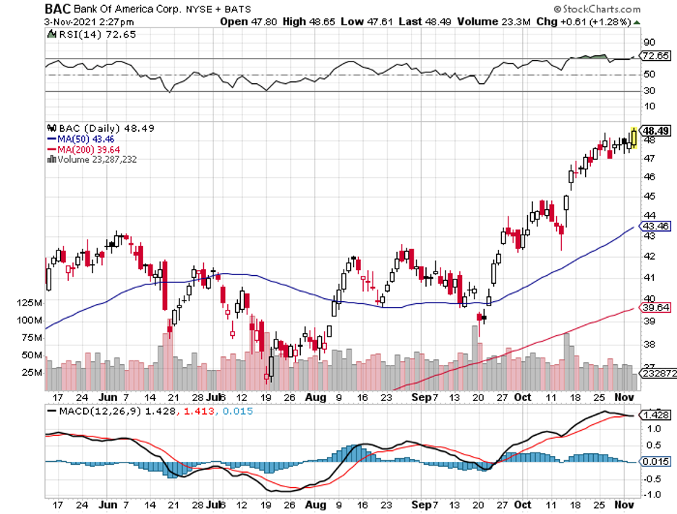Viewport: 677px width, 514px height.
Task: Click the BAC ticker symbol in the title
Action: pos(57,9)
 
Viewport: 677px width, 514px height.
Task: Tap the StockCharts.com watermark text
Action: pos(600,10)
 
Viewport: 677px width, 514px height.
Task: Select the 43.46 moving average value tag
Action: pos(655,226)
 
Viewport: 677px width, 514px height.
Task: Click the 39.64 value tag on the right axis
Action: pos(655,308)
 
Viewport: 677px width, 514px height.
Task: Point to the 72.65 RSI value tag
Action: pos(655,56)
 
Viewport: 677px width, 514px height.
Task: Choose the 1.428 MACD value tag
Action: pos(655,415)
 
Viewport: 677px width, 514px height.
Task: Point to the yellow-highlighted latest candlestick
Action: pos(634,137)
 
